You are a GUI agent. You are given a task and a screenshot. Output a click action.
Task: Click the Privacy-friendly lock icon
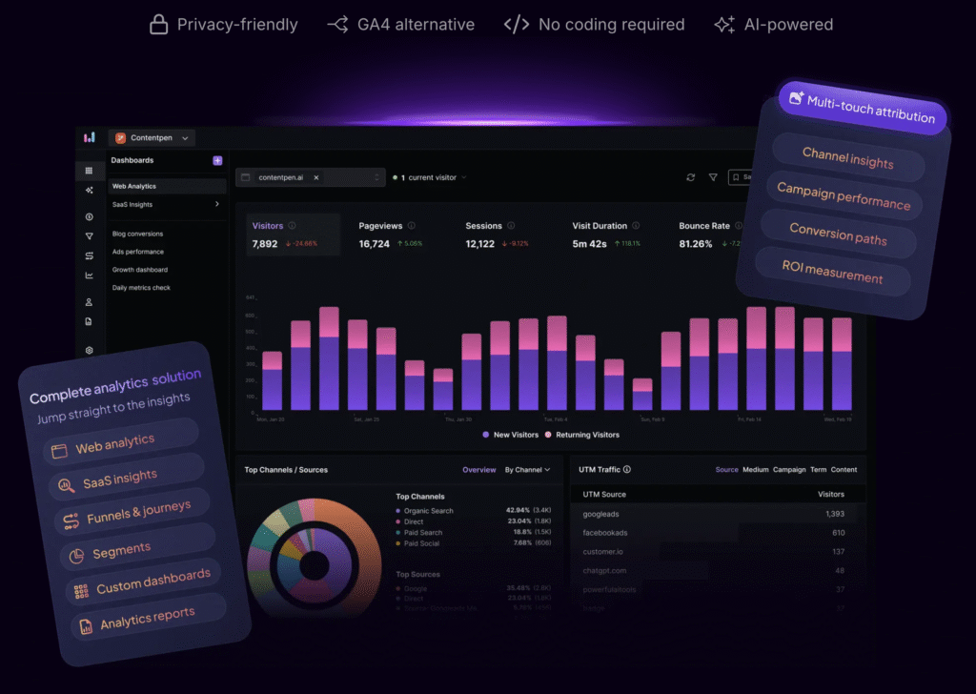tap(158, 25)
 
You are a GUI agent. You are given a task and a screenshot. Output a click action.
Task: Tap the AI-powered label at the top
tap(788, 25)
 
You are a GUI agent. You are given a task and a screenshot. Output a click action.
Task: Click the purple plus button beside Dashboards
tap(217, 161)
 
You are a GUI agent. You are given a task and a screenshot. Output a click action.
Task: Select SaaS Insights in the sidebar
tap(132, 205)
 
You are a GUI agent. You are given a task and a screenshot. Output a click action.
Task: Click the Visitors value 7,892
tap(265, 244)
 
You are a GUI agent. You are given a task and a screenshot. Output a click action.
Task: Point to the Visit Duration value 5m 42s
tap(590, 244)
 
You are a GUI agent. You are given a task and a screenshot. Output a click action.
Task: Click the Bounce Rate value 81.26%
tap(696, 244)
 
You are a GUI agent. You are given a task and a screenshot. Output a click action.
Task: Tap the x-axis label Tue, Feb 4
tap(555, 418)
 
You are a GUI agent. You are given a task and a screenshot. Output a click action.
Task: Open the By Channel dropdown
tap(528, 470)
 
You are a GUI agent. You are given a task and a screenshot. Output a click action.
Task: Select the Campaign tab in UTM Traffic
tap(789, 470)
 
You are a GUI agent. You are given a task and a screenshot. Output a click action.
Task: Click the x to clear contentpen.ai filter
tap(316, 177)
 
